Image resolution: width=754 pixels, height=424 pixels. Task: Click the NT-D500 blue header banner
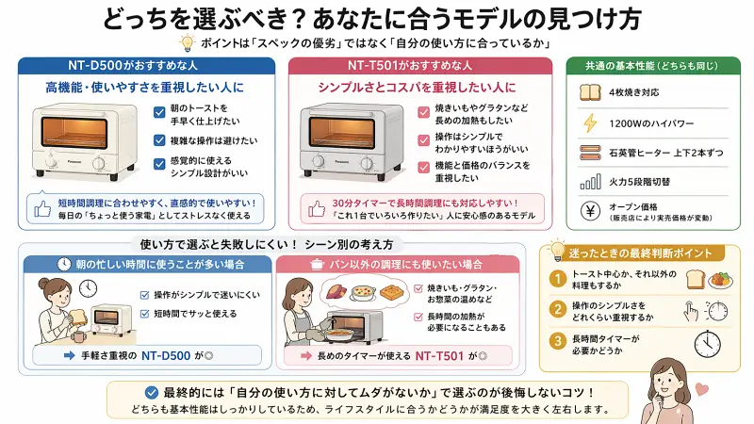click(x=147, y=66)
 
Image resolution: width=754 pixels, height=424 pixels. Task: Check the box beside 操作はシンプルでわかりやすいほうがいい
click(x=424, y=140)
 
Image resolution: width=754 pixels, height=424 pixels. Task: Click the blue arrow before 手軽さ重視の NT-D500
click(x=68, y=356)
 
